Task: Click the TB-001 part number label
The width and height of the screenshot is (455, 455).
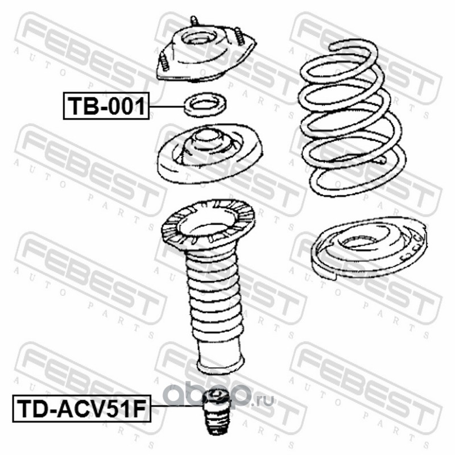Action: (x=106, y=106)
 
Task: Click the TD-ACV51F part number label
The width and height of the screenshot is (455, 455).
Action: (x=81, y=408)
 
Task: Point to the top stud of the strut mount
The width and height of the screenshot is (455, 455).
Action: (x=194, y=22)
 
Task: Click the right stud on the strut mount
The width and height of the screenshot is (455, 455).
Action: (x=238, y=36)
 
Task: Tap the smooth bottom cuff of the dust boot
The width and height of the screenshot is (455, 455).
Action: (x=220, y=357)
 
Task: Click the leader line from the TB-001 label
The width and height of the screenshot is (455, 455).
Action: (x=167, y=107)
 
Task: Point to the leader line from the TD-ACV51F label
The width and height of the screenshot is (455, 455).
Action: (x=176, y=406)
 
